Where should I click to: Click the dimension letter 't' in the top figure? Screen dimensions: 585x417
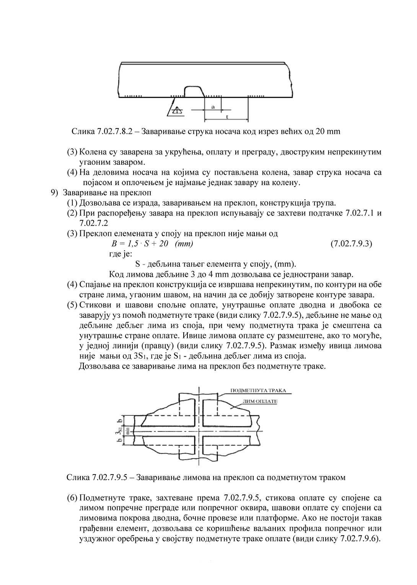227,116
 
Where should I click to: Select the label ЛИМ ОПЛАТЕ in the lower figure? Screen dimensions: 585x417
260,401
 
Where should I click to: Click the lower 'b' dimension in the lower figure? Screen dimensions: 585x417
120,440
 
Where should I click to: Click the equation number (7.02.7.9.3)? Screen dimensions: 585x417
351,244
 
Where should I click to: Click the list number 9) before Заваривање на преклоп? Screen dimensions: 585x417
55,192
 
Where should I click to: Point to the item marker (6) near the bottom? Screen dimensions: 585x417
72,498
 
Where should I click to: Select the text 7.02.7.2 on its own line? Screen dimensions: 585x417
92,223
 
